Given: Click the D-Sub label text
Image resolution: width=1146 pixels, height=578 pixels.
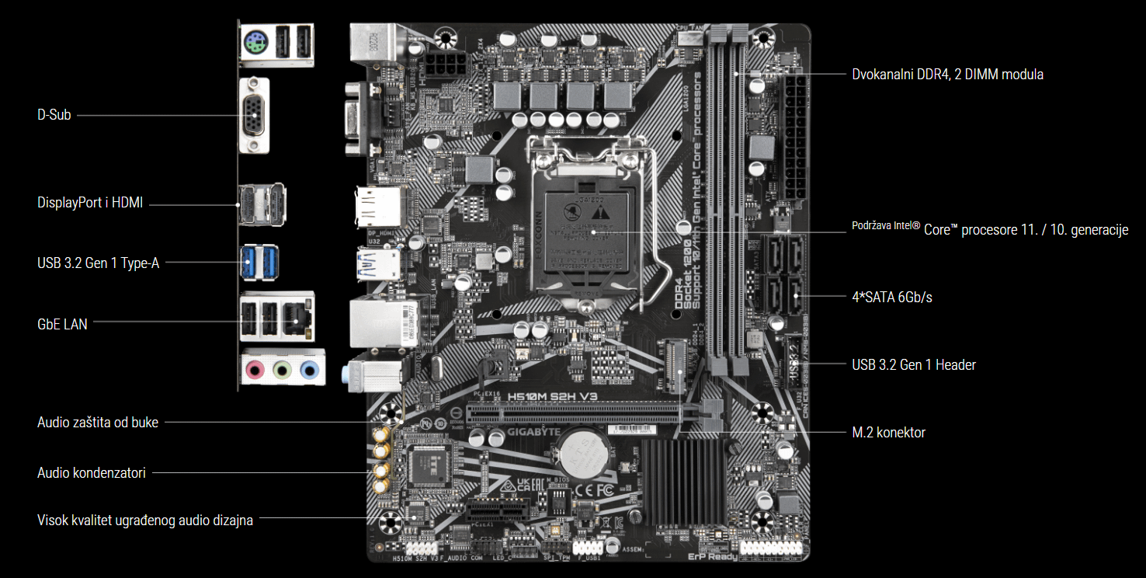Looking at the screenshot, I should click(x=54, y=115).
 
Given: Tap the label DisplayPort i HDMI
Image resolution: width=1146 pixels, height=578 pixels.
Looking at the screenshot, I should click(x=90, y=203).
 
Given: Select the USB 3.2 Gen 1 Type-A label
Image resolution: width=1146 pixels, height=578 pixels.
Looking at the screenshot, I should click(x=98, y=263).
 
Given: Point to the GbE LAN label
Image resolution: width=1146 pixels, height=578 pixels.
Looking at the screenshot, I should click(x=62, y=324).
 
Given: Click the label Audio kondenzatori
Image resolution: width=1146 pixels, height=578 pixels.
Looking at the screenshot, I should click(x=91, y=472).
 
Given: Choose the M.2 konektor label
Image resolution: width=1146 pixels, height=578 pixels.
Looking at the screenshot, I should click(x=888, y=433).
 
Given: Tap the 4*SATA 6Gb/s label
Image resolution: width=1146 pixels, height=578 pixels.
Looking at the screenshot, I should click(x=891, y=297).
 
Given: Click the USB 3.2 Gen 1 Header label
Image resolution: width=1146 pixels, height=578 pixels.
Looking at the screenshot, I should click(x=913, y=364).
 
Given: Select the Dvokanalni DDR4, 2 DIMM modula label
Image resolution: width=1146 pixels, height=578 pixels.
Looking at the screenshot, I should click(x=947, y=75).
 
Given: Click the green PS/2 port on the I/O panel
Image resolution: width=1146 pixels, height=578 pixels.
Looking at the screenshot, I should click(x=255, y=45).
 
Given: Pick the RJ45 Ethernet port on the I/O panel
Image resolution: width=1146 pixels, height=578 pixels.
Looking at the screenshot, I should click(x=297, y=317).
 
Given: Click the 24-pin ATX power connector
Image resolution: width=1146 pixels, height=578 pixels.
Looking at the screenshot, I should click(x=797, y=137).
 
